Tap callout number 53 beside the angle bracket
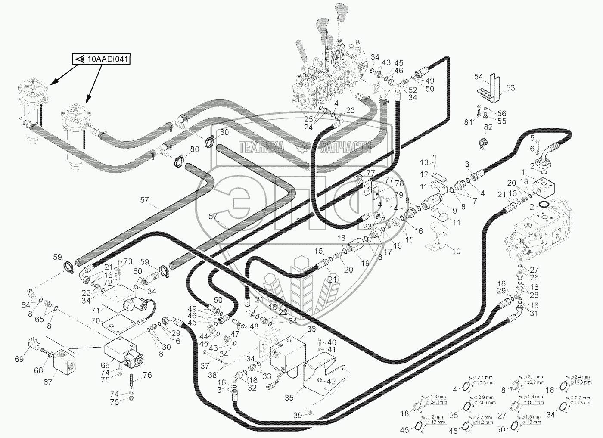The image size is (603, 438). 510,88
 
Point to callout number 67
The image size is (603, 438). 47,382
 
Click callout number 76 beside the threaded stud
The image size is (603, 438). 147,375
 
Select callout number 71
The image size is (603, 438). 95,310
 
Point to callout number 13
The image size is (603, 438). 424,163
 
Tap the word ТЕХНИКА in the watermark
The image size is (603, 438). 262,149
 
